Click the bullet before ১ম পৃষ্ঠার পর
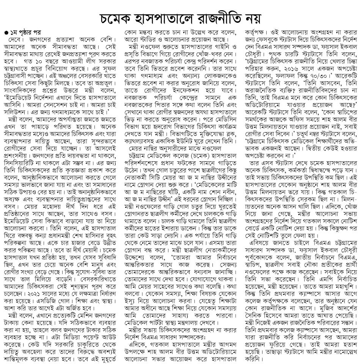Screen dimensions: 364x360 point(5,30)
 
